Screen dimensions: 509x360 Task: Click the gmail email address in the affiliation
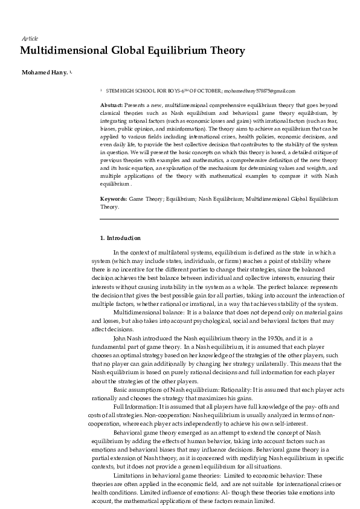(x=260, y=91)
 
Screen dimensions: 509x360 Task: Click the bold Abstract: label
(x=112, y=105)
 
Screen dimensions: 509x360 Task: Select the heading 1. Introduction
(x=120, y=238)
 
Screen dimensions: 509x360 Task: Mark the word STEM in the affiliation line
(x=112, y=91)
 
